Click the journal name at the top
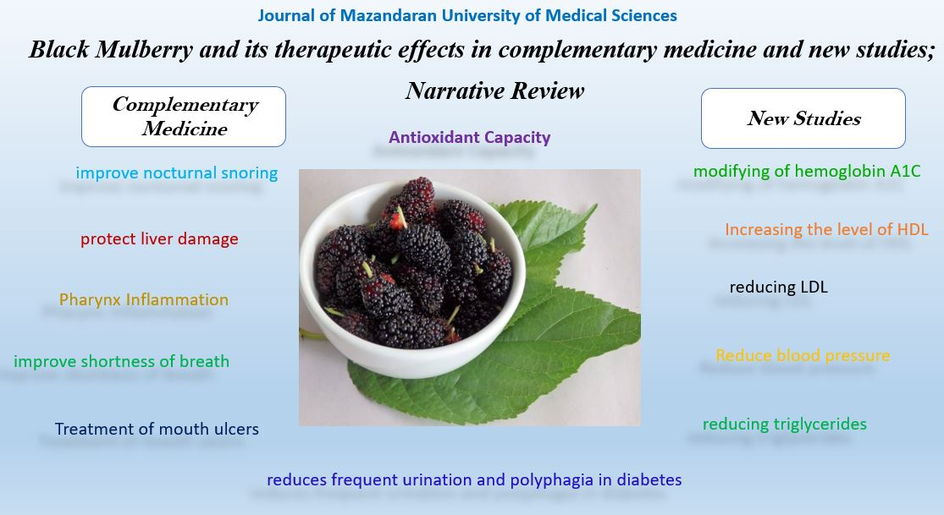[x=467, y=15]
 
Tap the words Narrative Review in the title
[x=495, y=90]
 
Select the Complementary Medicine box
[x=184, y=117]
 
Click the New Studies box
[x=803, y=118]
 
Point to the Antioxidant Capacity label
[x=470, y=138]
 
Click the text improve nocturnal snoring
[x=176, y=173]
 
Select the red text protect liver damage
[x=159, y=239]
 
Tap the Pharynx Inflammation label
[x=144, y=299]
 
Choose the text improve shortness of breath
[x=122, y=362]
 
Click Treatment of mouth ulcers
[x=157, y=429]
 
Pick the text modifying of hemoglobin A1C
[x=807, y=172]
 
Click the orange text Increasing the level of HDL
[x=826, y=230]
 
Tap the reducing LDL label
[x=778, y=287]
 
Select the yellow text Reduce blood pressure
[x=803, y=355]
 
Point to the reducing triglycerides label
[x=785, y=425]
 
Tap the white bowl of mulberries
[x=412, y=279]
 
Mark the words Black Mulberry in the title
[x=111, y=50]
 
